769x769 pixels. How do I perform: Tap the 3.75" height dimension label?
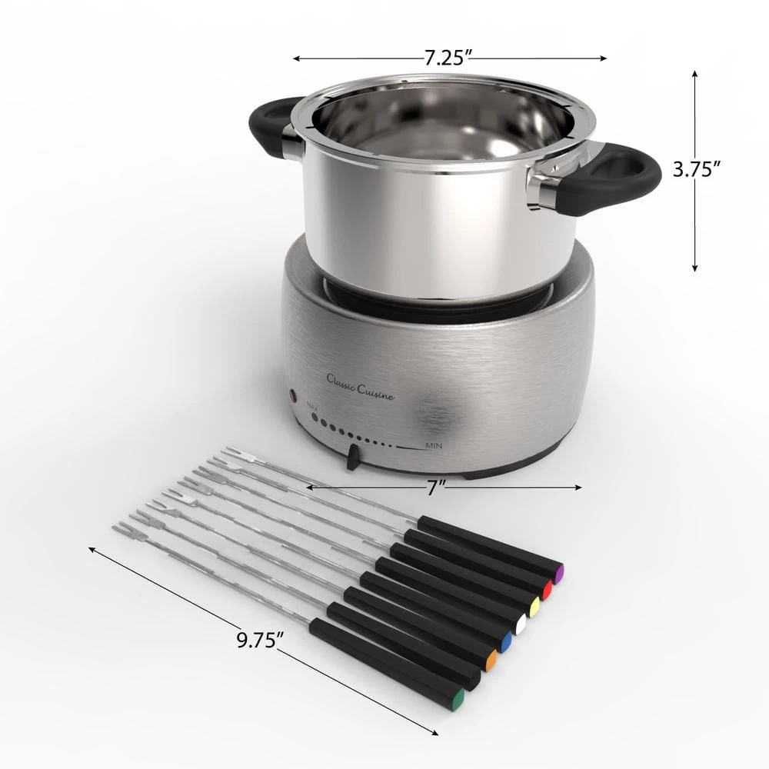pos(697,169)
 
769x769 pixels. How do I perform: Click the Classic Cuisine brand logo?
pos(361,386)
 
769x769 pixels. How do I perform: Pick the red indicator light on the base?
pos(292,396)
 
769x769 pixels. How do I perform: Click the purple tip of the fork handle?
pos(559,573)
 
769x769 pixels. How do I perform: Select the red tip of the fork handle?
pos(548,591)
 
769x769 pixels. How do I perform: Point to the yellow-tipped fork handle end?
pos(534,608)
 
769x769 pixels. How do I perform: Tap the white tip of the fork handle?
pos(520,625)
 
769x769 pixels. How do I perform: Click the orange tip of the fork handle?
pos(491,660)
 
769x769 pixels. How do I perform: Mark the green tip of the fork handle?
pos(458,701)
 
